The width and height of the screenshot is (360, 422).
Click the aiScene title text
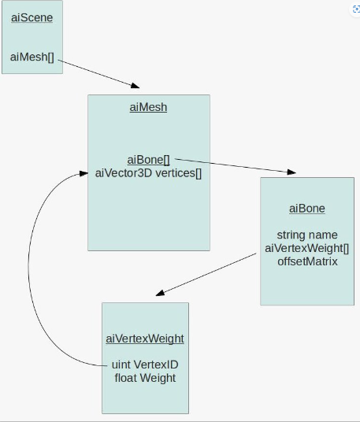[x=32, y=18]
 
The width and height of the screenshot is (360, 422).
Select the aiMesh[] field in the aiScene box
[x=32, y=57]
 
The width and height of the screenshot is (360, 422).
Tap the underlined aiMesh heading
[x=148, y=107]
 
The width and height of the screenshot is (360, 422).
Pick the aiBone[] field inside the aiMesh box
[x=149, y=160]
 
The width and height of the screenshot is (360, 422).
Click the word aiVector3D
[x=124, y=173]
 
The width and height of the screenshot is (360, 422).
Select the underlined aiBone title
[x=307, y=209]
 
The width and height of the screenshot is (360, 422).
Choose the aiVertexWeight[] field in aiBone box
[x=307, y=249]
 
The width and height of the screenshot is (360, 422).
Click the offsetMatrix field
[x=307, y=261]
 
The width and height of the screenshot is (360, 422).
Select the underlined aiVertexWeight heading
[x=145, y=339]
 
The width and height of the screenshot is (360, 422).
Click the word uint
[x=121, y=365]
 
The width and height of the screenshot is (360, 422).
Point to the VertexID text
[x=156, y=365]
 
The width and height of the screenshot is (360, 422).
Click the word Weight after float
[x=158, y=378]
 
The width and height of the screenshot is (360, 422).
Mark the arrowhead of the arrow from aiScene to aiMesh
[x=135, y=86]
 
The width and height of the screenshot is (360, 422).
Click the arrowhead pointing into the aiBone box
[x=291, y=172]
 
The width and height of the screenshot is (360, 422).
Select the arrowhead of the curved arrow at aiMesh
[x=84, y=173]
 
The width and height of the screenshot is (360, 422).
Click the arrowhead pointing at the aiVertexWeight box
[x=160, y=293]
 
